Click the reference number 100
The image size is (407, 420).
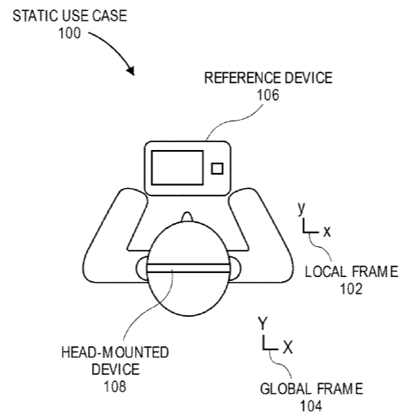69,33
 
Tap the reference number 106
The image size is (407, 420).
268,95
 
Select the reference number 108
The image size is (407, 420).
115,387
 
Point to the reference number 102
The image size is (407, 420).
351,289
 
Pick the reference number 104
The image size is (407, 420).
311,406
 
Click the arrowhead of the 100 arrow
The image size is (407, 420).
131,70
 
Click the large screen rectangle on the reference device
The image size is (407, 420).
177,168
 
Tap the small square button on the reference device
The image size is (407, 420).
217,169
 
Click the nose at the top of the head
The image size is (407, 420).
187,217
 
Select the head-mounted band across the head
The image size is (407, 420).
188,268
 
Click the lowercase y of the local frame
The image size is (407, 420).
301,209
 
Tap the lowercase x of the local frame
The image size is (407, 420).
327,232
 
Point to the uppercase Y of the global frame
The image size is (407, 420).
263,323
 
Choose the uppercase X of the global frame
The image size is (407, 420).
288,347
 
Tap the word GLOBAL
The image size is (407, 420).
286,389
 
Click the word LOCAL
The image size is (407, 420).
324,272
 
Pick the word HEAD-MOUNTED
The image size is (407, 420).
115,353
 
